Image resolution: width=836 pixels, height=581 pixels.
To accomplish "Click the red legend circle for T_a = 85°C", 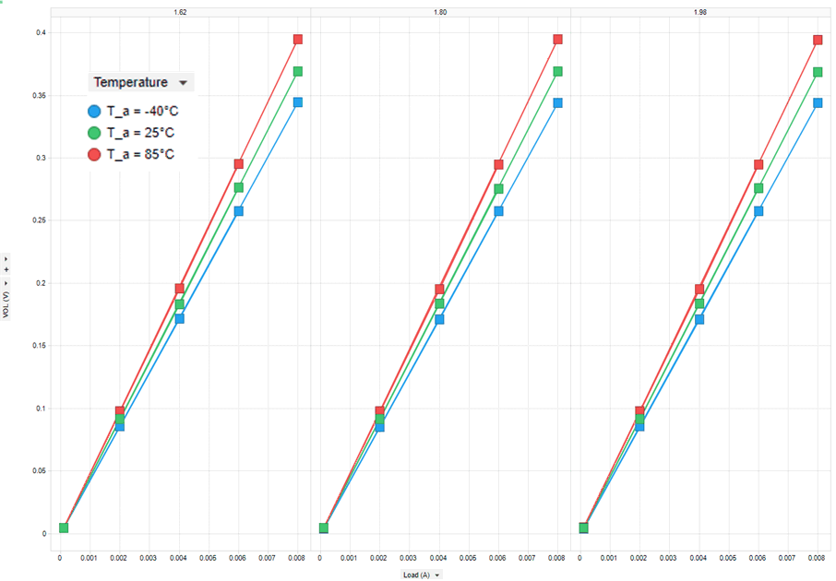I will pos(94,154).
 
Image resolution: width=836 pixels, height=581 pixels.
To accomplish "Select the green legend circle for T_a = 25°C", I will pos(94,132).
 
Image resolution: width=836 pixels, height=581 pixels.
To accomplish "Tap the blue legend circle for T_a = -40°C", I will pos(94,111).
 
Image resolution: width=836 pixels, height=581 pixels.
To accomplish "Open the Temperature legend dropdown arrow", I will pos(184,83).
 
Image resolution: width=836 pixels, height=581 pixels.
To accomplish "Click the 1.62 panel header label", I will pos(180,13).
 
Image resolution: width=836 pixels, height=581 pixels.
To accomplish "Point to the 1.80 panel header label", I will pos(440,13).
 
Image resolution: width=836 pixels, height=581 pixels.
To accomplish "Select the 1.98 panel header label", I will pos(700,13).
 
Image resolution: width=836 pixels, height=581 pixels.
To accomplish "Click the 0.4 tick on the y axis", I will pos(41,33).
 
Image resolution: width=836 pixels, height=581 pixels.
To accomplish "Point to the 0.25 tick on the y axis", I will pos(38,220).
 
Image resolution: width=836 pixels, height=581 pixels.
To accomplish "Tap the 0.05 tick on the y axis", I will pos(38,470).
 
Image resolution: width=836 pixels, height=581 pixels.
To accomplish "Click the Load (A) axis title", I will pos(417,575).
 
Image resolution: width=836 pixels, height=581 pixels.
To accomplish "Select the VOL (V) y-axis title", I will pos(6,301).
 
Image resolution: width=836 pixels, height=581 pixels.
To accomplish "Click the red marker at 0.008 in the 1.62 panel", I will pos(298,40).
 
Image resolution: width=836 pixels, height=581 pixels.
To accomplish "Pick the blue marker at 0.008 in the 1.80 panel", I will pos(557,102).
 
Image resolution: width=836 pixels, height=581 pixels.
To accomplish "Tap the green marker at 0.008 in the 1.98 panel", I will pos(818,72).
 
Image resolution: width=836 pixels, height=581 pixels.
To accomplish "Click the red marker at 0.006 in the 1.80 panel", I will pos(498,164).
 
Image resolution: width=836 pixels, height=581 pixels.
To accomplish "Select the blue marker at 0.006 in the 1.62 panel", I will pos(239,211).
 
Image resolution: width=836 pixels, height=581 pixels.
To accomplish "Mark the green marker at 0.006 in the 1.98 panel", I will pos(758,188).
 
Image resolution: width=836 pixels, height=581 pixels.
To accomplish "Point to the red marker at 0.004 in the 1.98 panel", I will pos(699,290).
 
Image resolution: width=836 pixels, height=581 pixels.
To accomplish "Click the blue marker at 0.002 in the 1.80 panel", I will pos(379,427).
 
